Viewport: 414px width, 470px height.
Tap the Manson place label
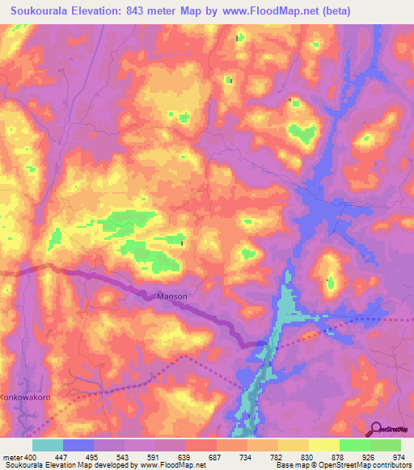171,296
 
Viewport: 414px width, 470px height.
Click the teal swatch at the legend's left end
48,445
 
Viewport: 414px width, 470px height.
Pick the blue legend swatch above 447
78,445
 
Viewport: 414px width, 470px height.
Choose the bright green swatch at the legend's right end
385,445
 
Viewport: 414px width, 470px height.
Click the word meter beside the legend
11,457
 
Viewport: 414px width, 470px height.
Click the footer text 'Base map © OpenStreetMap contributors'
341,465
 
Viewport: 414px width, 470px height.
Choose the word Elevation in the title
99,10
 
